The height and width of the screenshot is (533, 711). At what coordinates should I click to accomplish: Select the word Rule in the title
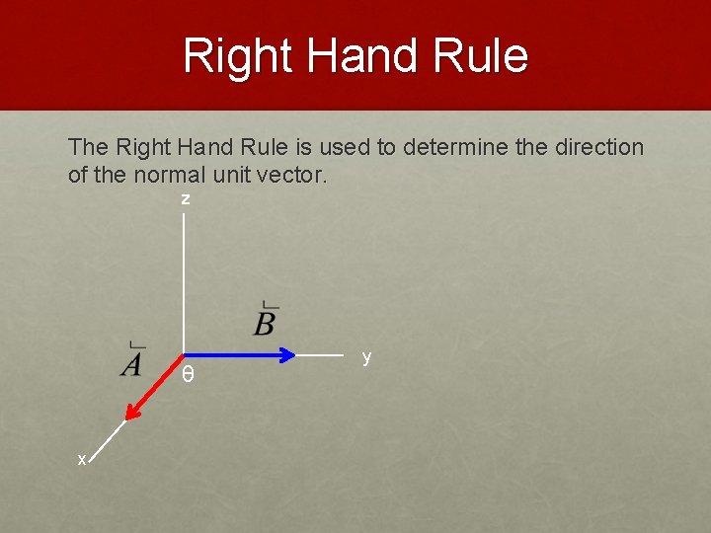pyautogui.click(x=485, y=56)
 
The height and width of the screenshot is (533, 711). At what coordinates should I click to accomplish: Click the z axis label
pyautogui.click(x=185, y=199)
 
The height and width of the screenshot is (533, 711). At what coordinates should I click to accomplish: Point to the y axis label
pyautogui.click(x=366, y=356)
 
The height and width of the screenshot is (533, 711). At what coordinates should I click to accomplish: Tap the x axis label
pyautogui.click(x=83, y=459)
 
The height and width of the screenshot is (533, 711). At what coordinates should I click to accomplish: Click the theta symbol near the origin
pyautogui.click(x=188, y=376)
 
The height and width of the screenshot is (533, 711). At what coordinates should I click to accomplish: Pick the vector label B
pyautogui.click(x=265, y=321)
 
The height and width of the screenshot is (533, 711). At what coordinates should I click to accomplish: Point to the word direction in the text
pyautogui.click(x=596, y=148)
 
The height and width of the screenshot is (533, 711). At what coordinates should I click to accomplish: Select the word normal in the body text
pyautogui.click(x=177, y=176)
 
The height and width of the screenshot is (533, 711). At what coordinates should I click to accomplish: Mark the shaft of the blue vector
pyautogui.click(x=232, y=354)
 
